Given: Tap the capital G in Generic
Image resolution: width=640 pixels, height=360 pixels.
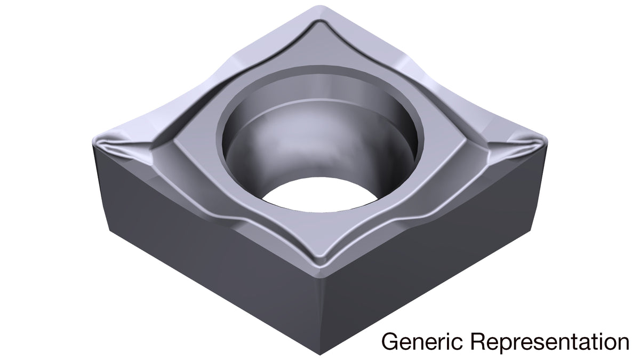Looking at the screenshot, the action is (390, 341).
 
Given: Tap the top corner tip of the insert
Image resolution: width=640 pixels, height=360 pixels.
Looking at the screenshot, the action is (320, 6).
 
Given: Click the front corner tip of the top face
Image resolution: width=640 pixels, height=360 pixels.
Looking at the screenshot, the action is (321, 278).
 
